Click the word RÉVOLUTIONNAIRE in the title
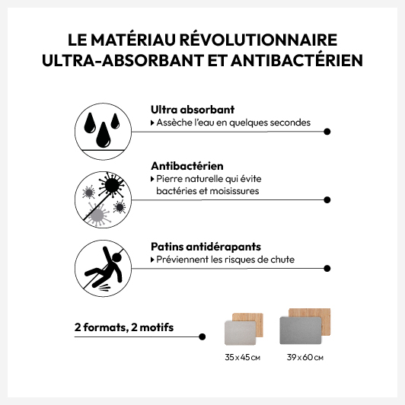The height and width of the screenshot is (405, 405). click(258, 40)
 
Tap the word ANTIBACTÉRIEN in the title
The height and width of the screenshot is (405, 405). click(297, 60)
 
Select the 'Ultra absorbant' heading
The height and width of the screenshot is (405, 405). click(193, 110)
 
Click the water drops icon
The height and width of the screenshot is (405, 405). click(103, 131)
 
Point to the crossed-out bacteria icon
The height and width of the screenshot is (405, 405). click(103, 199)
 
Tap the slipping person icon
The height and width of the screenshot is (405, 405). click(103, 268)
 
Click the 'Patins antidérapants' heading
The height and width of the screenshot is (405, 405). click(206, 247)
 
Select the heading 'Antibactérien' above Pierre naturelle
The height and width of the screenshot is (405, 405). click(187, 166)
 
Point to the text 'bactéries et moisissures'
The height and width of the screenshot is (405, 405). click(208, 191)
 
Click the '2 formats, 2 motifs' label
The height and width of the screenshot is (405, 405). click(124, 327)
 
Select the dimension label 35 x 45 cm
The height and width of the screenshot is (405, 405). click(243, 358)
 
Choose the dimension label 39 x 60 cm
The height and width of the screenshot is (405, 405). click(305, 358)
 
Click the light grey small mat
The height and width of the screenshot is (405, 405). click(241, 333)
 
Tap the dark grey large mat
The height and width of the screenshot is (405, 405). click(301, 330)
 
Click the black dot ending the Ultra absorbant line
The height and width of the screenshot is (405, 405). click(327, 132)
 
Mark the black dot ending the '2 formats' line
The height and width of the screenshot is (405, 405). click(202, 336)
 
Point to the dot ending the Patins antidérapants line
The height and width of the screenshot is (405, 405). click(327, 269)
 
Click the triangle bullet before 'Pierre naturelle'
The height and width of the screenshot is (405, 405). click(152, 179)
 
